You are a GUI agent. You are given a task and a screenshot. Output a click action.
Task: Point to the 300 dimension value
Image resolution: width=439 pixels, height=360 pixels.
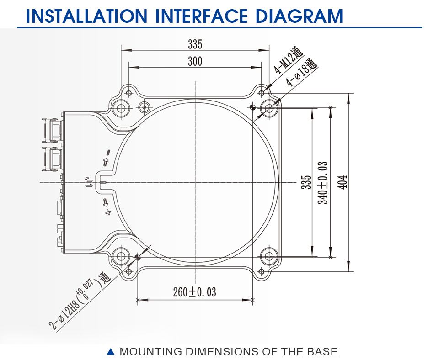195,61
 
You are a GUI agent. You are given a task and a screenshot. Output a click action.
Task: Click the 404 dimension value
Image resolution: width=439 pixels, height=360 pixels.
343,182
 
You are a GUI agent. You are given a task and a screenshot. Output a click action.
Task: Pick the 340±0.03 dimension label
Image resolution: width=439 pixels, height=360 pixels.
322,183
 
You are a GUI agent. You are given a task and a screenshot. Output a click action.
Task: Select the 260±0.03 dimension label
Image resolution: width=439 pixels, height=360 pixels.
195,292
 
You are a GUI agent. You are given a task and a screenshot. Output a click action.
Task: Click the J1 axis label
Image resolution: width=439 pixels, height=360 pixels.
88,182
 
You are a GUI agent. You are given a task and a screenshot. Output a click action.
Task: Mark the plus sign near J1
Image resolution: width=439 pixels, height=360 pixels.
108,212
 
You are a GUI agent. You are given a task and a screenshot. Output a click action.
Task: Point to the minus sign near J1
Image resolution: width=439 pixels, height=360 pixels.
108,153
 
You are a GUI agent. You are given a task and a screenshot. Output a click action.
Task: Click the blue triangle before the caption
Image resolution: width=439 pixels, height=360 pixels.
111,351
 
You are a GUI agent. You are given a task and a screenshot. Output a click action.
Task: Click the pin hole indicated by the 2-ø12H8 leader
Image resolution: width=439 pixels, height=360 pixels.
138,257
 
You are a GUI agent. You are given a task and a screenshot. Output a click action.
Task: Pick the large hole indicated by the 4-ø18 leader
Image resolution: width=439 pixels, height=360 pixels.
269,107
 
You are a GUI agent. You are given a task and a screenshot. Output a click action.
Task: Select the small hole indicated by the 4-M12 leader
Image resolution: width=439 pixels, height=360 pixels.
262,93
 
